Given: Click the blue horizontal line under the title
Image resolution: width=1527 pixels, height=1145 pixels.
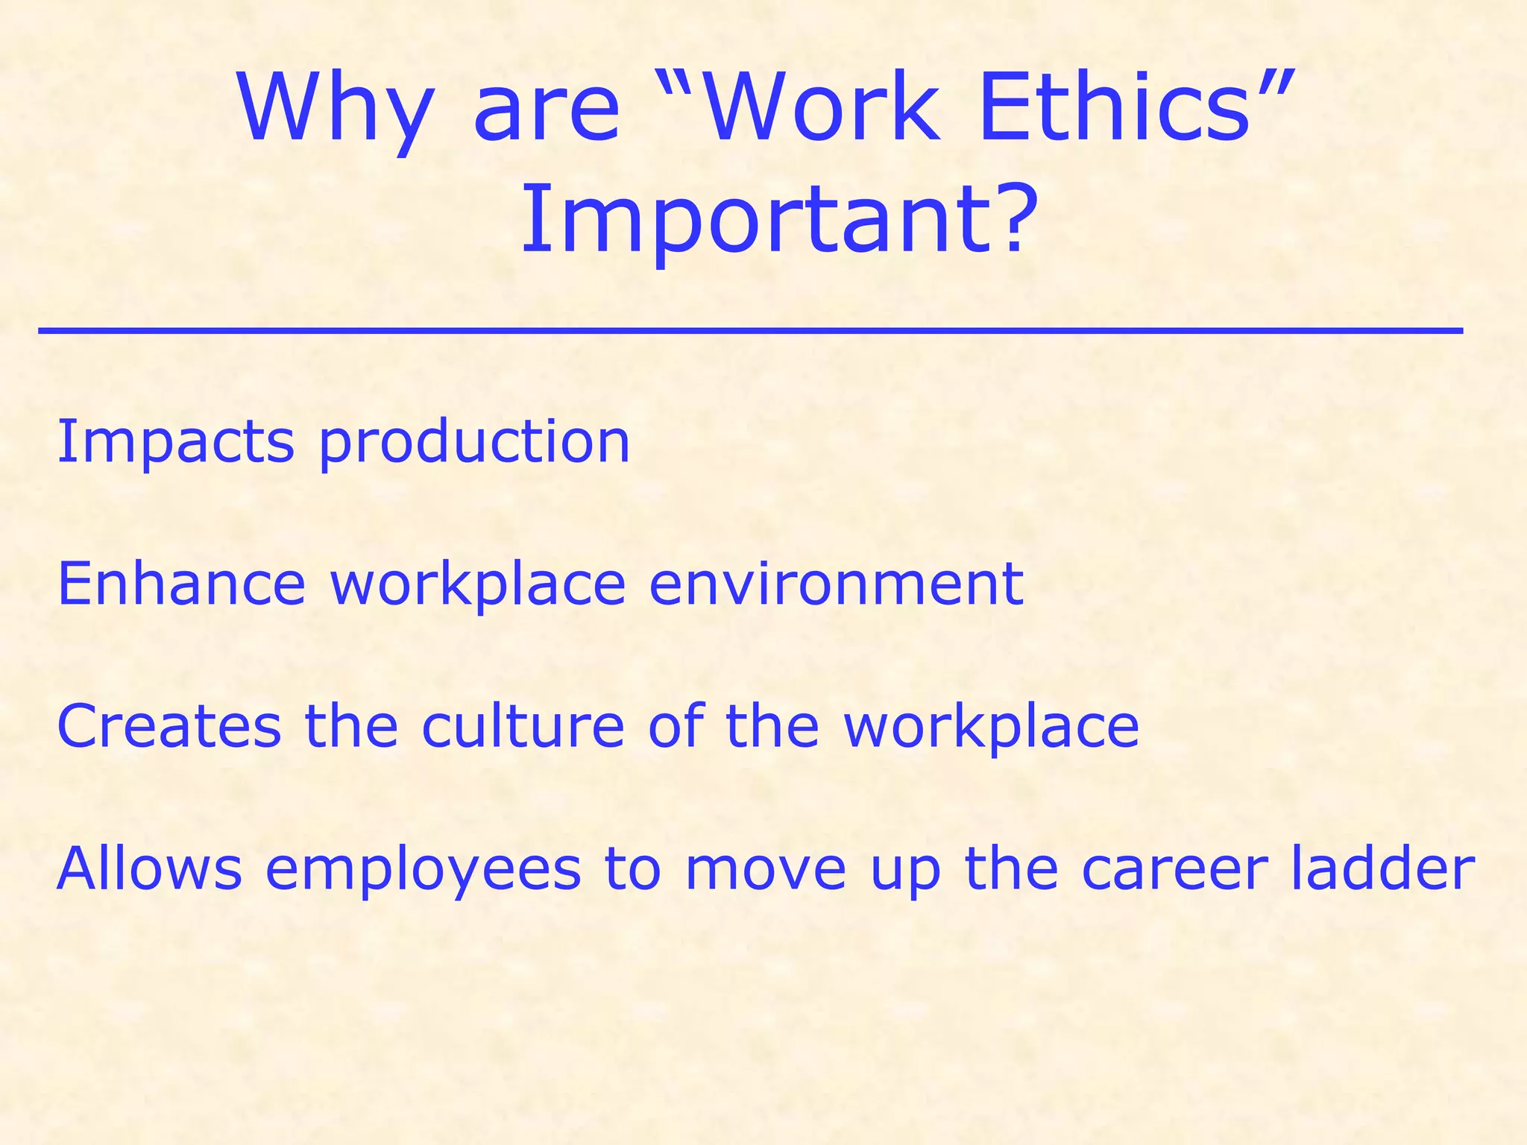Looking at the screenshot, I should [750, 330].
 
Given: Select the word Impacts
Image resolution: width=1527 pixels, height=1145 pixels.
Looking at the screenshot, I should [176, 441].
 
